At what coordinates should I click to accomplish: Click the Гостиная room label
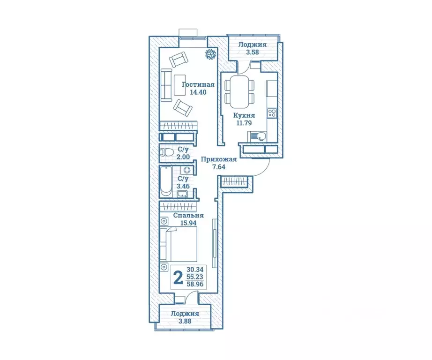(198, 85)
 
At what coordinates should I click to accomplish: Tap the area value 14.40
(198, 92)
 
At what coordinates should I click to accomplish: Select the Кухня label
(244, 115)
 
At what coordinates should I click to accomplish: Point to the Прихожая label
(219, 159)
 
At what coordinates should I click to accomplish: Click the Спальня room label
(188, 216)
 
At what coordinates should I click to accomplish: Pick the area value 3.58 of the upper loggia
(253, 52)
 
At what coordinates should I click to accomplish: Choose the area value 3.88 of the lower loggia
(185, 321)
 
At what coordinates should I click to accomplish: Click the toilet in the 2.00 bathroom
(167, 152)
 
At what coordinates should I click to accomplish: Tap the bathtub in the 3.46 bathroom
(166, 181)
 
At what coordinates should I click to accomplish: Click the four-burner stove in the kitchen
(272, 113)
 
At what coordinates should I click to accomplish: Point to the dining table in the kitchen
(239, 92)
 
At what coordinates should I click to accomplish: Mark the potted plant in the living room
(211, 54)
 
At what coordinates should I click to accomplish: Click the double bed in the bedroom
(179, 244)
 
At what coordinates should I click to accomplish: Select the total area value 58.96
(195, 284)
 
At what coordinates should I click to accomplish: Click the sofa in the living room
(166, 85)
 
